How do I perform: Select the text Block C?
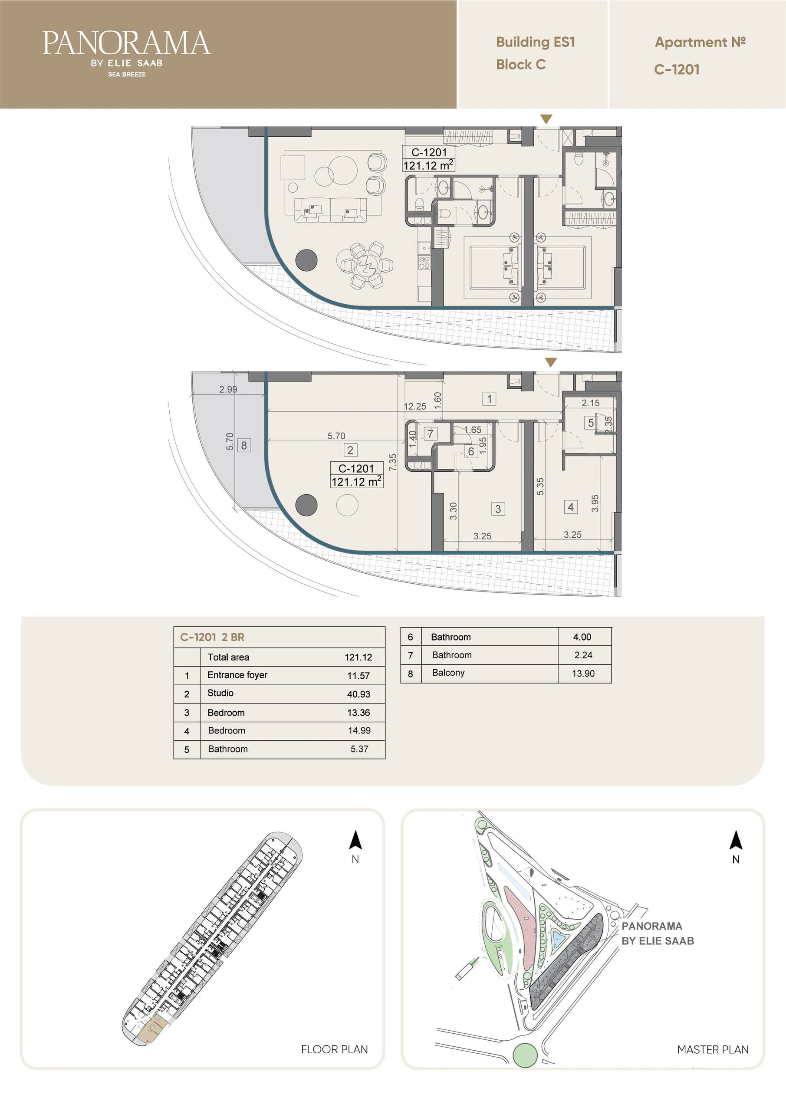[x=521, y=64]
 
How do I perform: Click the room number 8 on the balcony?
[x=244, y=445]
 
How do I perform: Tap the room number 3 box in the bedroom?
[x=498, y=509]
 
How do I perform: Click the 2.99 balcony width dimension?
[x=228, y=389]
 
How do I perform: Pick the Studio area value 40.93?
[x=358, y=694]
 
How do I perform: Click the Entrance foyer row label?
[x=237, y=674]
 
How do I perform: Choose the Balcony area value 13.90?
[x=583, y=673]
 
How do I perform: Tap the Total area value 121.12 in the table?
[x=358, y=657]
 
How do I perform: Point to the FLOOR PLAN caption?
[x=335, y=1049]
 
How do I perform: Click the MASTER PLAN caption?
[x=713, y=1049]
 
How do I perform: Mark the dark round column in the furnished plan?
[x=306, y=260]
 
